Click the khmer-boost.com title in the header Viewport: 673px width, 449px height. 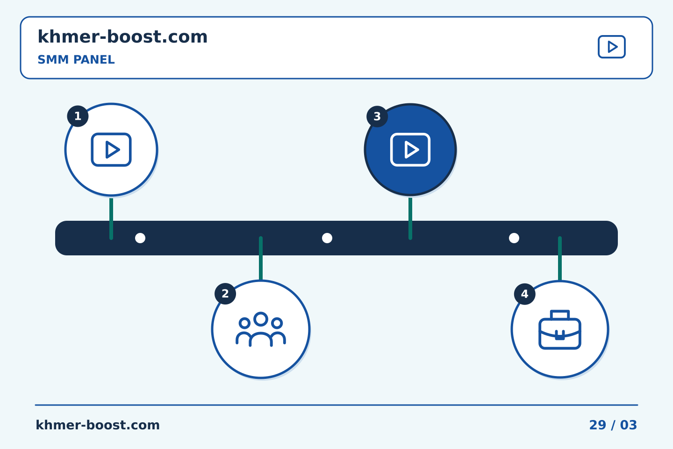(122, 36)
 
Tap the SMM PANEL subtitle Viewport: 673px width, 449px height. (76, 59)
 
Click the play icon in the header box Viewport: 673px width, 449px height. (611, 47)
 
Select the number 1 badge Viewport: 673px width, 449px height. (78, 116)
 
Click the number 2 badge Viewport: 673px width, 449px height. (225, 294)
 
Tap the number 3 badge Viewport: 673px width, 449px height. (377, 116)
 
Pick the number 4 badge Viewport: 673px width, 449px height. (524, 294)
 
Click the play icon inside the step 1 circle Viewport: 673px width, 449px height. (111, 150)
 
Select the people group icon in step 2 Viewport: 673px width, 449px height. (260, 329)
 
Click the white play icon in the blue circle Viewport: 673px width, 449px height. (410, 150)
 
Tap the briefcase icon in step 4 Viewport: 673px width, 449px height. (560, 330)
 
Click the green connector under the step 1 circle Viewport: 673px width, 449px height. (111, 218)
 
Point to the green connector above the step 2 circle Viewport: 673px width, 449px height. (261, 258)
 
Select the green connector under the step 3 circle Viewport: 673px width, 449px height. (410, 218)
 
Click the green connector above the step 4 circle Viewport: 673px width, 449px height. (560, 258)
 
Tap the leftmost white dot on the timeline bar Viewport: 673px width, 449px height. (140, 238)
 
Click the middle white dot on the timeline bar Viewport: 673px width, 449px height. (327, 238)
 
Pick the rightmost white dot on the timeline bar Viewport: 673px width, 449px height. (514, 238)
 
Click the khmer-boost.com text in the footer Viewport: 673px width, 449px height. (98, 425)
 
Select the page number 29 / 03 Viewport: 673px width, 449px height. (613, 425)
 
